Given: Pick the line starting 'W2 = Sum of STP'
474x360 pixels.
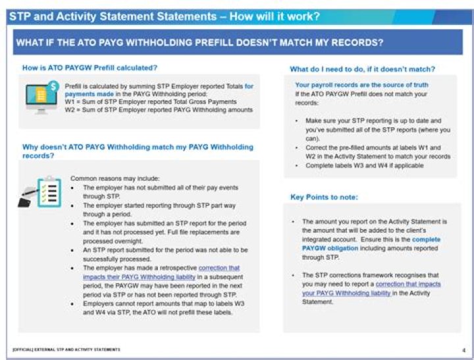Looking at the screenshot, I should click(x=158, y=110).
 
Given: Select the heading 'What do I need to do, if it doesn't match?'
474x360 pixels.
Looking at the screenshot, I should click(x=363, y=69).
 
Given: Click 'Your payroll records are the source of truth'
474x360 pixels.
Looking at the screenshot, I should click(x=361, y=85).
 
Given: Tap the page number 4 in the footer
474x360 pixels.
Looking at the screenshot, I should click(x=463, y=350).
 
